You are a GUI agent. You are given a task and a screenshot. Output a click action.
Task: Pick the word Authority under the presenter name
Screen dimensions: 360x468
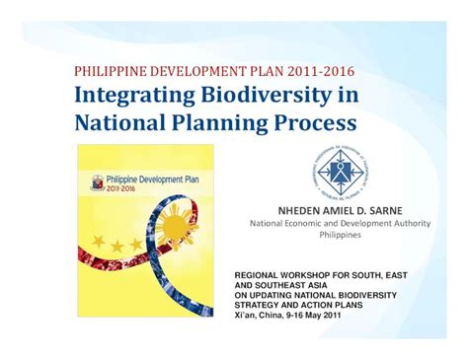tap(408, 224)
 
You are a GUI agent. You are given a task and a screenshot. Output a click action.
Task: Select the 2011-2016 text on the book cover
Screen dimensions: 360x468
tap(126, 193)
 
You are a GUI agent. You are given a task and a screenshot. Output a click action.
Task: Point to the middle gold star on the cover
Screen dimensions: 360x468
tap(120, 245)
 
